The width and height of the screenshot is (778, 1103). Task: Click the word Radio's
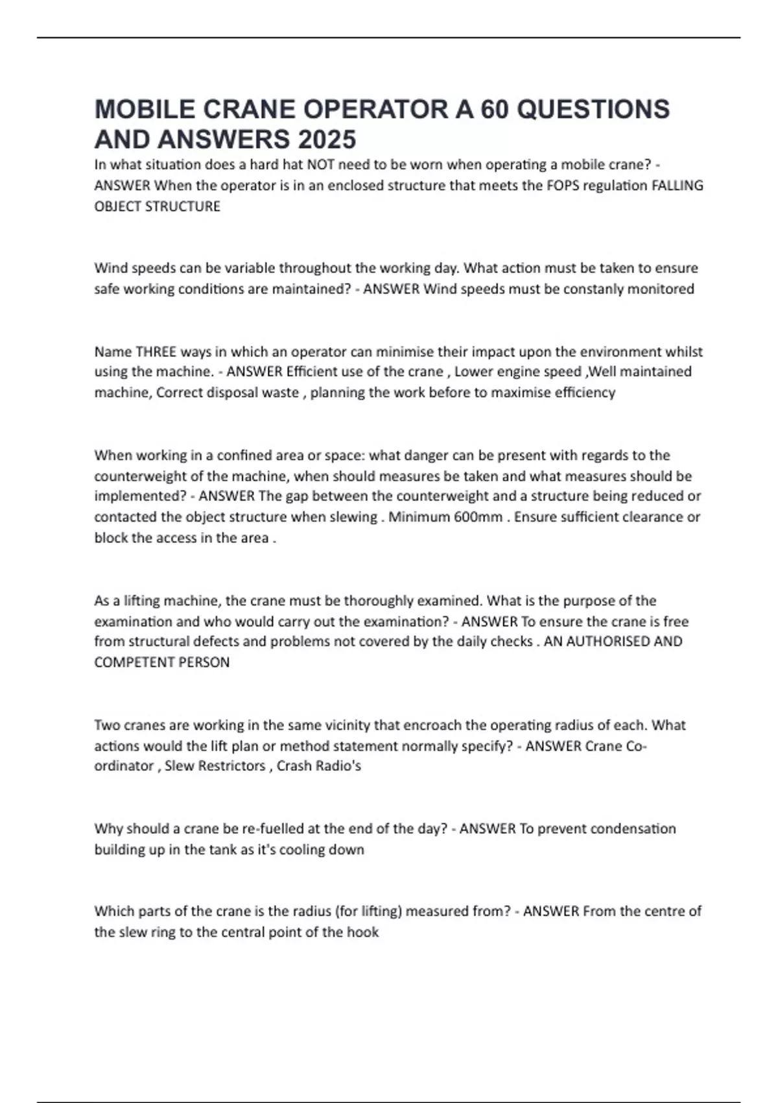tap(338, 766)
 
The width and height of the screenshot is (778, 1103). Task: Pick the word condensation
tap(633, 829)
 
